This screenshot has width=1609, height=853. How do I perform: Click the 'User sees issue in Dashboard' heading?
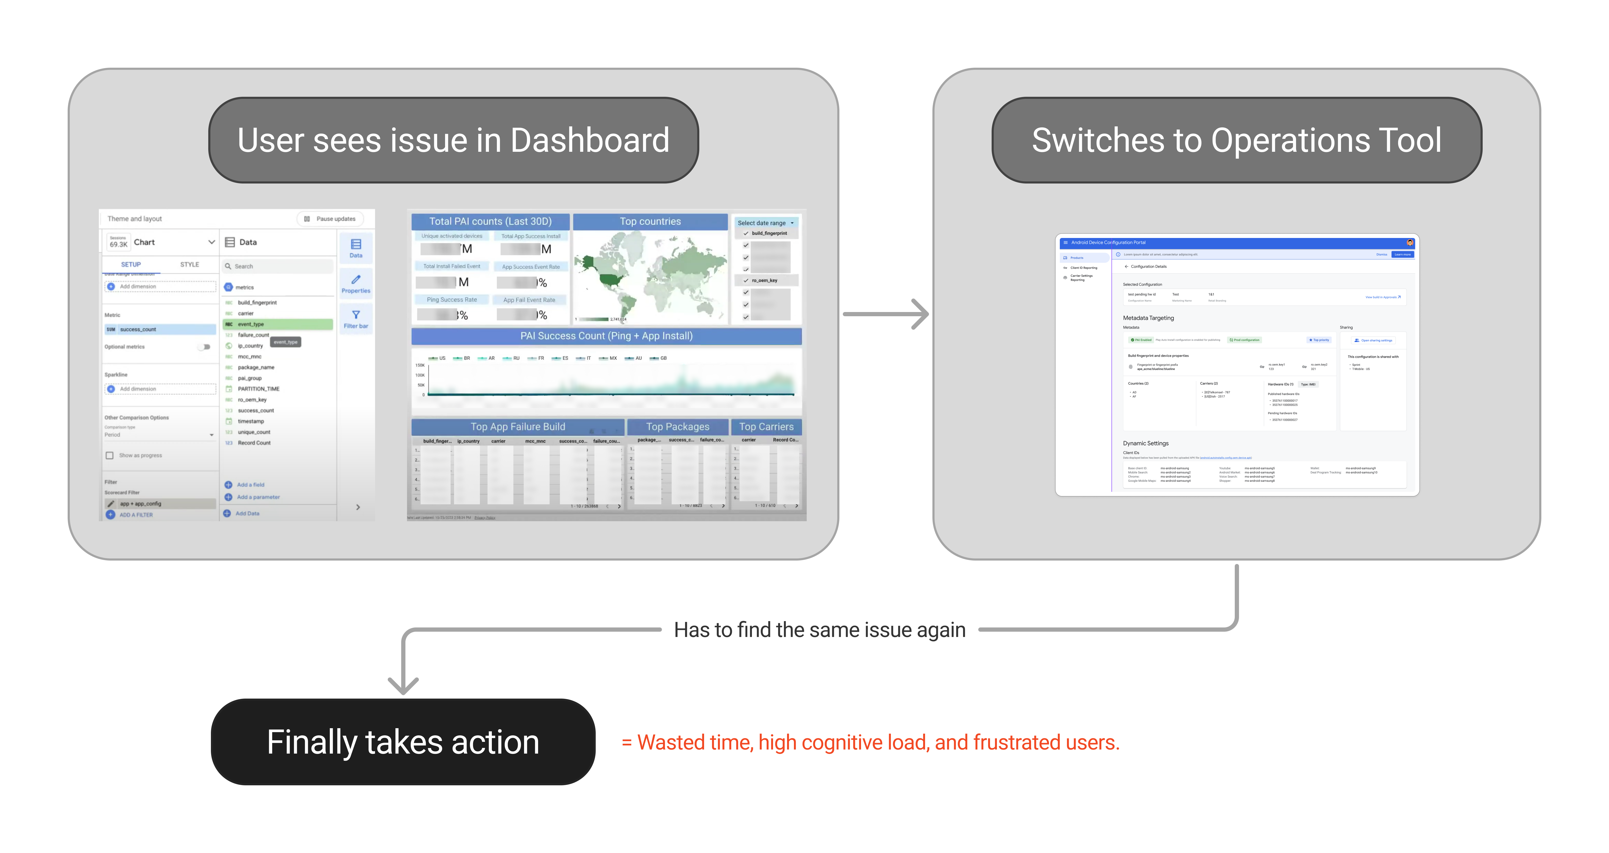click(x=454, y=140)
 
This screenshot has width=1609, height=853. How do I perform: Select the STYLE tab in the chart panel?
click(x=189, y=264)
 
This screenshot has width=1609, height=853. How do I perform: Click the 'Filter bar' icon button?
click(x=355, y=319)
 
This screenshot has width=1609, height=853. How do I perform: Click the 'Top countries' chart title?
click(x=650, y=221)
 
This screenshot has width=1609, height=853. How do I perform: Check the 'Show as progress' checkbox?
click(x=110, y=456)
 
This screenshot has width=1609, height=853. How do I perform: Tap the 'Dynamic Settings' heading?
click(x=1145, y=443)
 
